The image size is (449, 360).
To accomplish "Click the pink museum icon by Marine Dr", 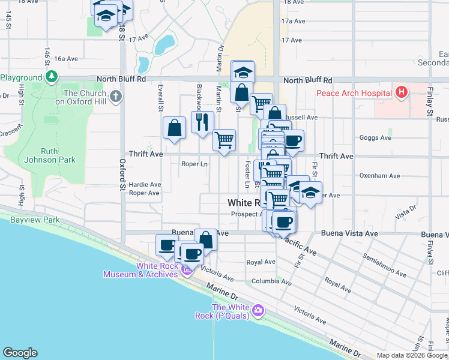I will point(186,272).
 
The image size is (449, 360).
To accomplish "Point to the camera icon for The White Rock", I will point(259,311).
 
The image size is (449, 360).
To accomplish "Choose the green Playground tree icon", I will point(52,77).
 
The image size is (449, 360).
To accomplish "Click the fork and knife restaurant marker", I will point(202,122).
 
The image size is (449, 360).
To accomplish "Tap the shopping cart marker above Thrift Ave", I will point(224,140).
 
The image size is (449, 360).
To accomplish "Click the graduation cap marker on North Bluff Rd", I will point(243,72).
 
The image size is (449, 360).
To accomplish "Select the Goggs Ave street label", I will point(376,137).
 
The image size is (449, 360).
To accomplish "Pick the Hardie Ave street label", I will point(145,184).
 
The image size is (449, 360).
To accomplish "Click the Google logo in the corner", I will point(19,353).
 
